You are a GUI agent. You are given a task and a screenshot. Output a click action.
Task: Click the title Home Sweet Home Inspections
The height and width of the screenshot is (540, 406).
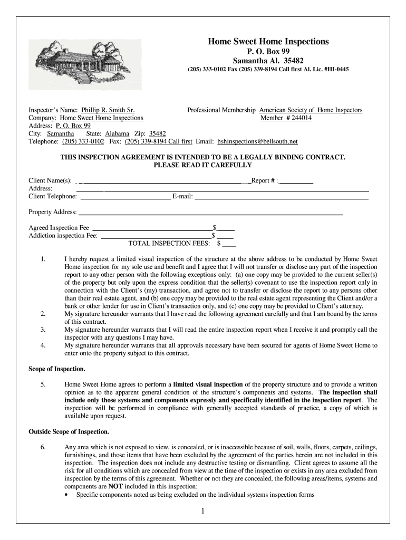pos(268,41)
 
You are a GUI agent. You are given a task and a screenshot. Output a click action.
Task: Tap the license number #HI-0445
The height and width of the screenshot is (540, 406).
pos(333,70)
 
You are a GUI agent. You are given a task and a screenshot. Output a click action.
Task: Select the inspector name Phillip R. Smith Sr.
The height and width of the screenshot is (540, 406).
pos(104,110)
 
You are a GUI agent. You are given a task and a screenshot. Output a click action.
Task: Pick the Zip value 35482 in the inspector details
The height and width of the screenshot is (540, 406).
pos(157,134)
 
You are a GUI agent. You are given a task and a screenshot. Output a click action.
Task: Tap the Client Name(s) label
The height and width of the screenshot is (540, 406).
pos(50,181)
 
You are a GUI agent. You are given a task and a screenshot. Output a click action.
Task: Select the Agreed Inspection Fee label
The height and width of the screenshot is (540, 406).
pos(59,228)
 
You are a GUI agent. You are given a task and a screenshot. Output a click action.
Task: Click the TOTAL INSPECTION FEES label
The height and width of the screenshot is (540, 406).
pos(169,244)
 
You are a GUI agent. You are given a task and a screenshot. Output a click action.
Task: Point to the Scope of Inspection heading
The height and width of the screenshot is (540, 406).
pos(56,369)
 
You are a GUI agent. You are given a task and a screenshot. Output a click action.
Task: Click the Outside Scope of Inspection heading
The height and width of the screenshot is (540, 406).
pos(69,432)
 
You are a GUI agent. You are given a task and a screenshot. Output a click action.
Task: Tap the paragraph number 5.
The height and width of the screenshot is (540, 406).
pos(42,384)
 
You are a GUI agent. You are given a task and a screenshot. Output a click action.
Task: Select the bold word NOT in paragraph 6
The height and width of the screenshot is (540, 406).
pos(115,487)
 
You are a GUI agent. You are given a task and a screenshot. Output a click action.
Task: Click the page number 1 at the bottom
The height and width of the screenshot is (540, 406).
pos(203,512)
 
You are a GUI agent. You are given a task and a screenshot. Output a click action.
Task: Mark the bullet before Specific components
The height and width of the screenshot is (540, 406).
pos(66,495)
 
